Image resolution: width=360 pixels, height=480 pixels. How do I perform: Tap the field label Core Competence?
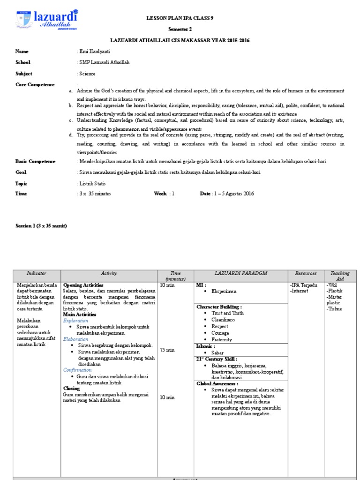[35, 84]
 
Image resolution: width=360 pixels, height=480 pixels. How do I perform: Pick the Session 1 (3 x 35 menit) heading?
[41, 226]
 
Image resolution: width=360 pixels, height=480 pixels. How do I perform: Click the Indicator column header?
[37, 273]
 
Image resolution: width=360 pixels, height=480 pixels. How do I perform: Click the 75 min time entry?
[167, 350]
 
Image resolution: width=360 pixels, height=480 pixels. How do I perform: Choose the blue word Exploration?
[75, 321]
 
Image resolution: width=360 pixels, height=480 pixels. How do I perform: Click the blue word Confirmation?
[77, 370]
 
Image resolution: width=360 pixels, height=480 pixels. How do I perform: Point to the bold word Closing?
[72, 388]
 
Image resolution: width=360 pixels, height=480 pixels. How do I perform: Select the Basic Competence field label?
[35, 161]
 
